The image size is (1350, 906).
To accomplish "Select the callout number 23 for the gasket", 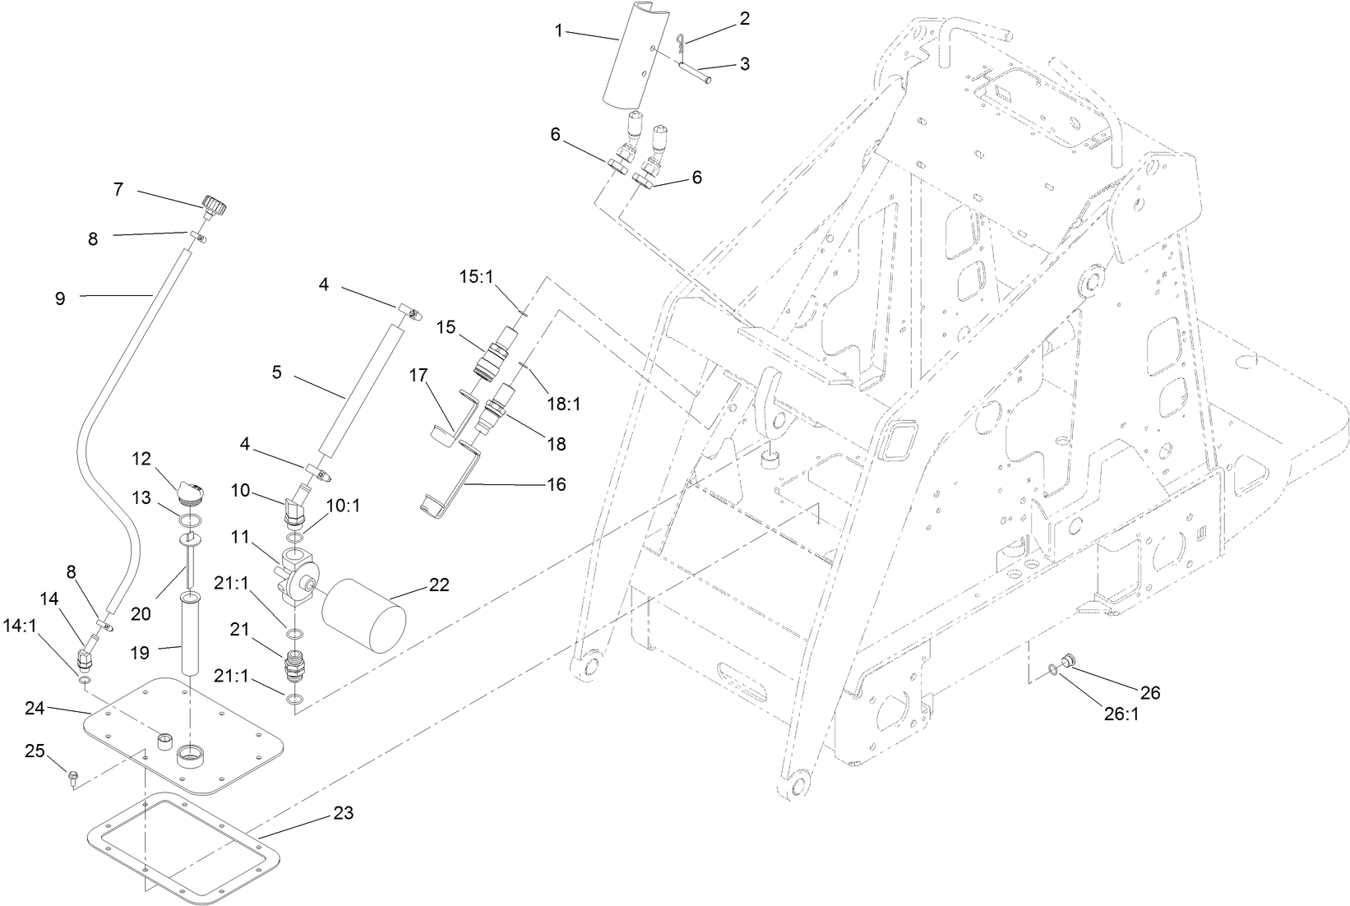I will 344,813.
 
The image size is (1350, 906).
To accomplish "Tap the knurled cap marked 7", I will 214,205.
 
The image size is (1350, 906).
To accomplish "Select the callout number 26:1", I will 1121,714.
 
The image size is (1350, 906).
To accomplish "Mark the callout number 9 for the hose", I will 60,298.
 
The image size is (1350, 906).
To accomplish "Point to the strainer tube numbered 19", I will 190,633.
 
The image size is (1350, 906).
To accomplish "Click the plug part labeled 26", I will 1069,660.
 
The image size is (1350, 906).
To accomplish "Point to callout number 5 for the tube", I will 277,372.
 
